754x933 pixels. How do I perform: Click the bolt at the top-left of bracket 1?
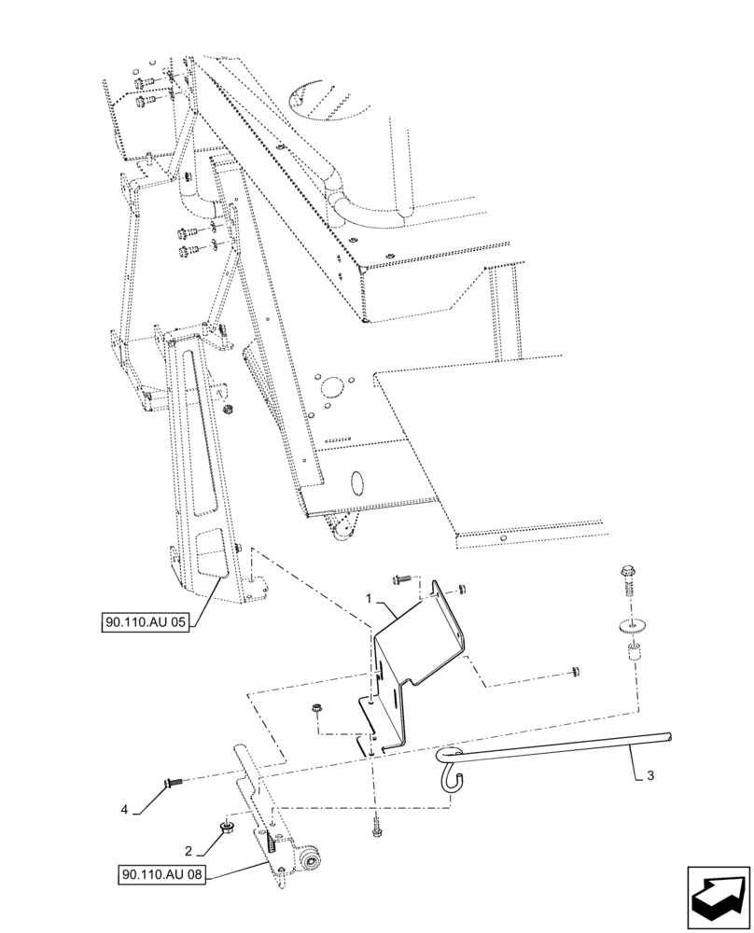400,580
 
